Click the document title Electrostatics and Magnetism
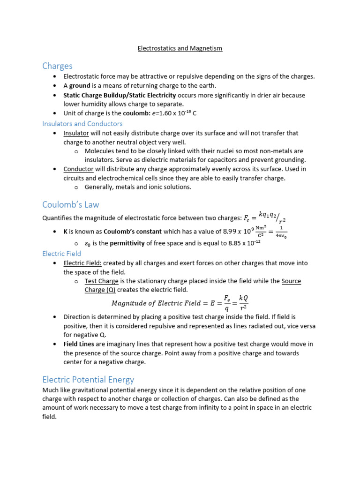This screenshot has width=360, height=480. pyautogui.click(x=180, y=48)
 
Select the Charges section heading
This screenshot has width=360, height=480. pyautogui.click(x=57, y=66)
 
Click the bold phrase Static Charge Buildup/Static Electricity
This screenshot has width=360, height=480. pyautogui.click(x=120, y=95)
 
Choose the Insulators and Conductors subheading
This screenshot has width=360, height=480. pyautogui.click(x=82, y=124)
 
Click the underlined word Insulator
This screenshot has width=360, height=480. pyautogui.click(x=76, y=133)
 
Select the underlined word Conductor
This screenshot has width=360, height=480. pyautogui.click(x=78, y=169)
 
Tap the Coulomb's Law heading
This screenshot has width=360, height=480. pyautogui.click(x=70, y=204)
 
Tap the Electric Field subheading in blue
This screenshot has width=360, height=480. pyautogui.click(x=61, y=254)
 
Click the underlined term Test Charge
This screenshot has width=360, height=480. pyautogui.click(x=101, y=281)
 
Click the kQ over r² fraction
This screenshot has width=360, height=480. pyautogui.click(x=243, y=303)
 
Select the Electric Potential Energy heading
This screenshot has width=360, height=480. pyautogui.click(x=88, y=379)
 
